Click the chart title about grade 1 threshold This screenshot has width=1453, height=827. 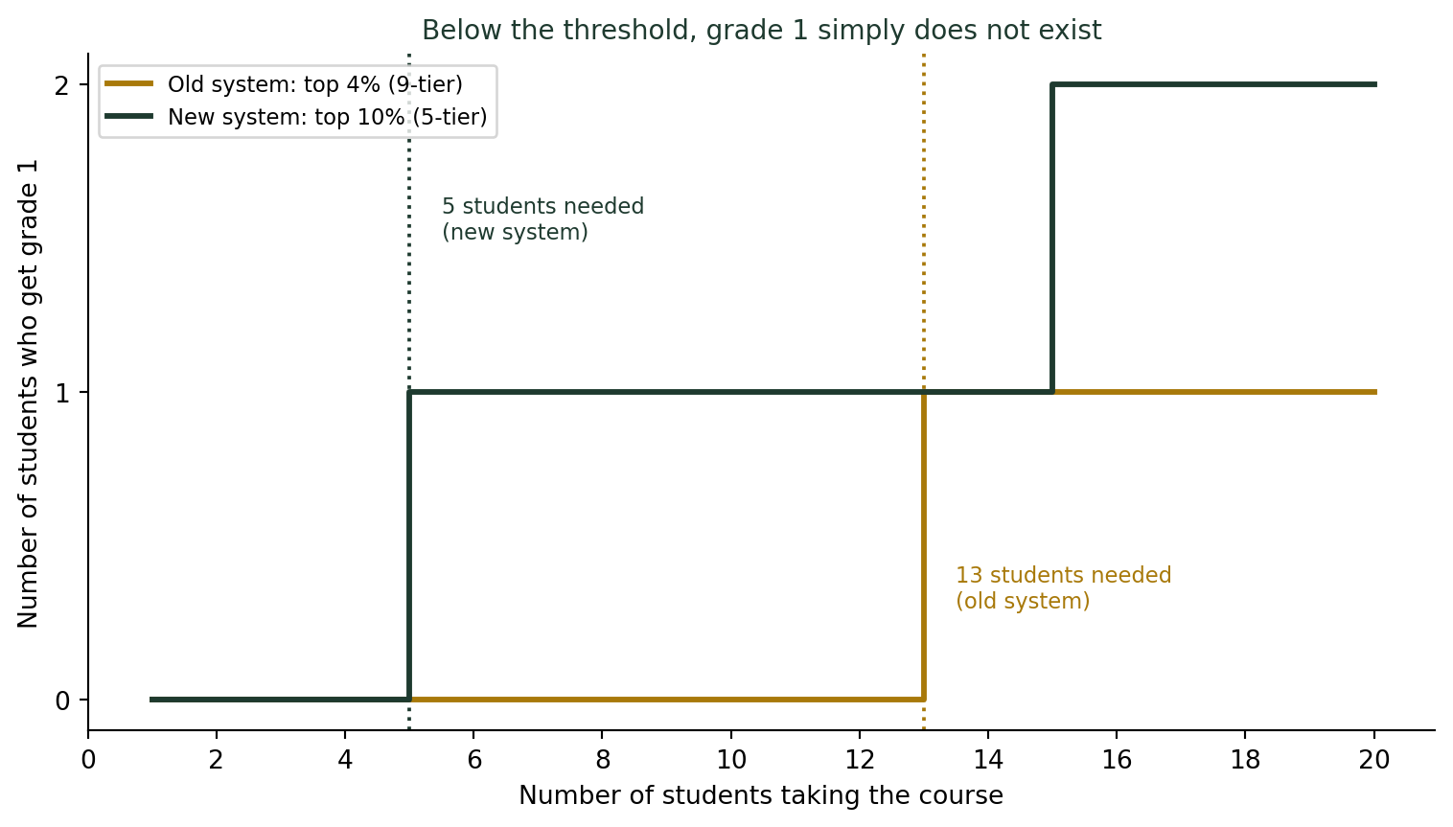(762, 30)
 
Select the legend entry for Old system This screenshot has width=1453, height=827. (284, 84)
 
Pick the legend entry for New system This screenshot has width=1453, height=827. (296, 117)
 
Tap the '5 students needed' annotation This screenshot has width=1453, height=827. (542, 218)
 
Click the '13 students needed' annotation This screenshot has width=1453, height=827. (1064, 587)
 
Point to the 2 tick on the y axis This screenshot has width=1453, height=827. (62, 84)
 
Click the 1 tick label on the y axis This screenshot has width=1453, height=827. (62, 393)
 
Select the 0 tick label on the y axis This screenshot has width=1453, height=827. (62, 701)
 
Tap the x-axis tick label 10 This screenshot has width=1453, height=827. (731, 760)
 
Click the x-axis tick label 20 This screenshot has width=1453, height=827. (1374, 760)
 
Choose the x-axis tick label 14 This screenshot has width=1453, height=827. (988, 760)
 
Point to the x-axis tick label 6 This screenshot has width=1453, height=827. (474, 760)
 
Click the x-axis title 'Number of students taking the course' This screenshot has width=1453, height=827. (761, 795)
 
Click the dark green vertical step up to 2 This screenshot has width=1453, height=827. (1052, 238)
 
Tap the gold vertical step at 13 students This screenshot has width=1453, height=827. (924, 546)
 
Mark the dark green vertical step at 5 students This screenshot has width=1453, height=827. (409, 546)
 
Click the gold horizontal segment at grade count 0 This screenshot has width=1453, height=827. (666, 700)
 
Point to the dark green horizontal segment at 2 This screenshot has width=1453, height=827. (1213, 84)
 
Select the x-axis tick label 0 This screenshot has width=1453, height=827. (88, 760)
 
